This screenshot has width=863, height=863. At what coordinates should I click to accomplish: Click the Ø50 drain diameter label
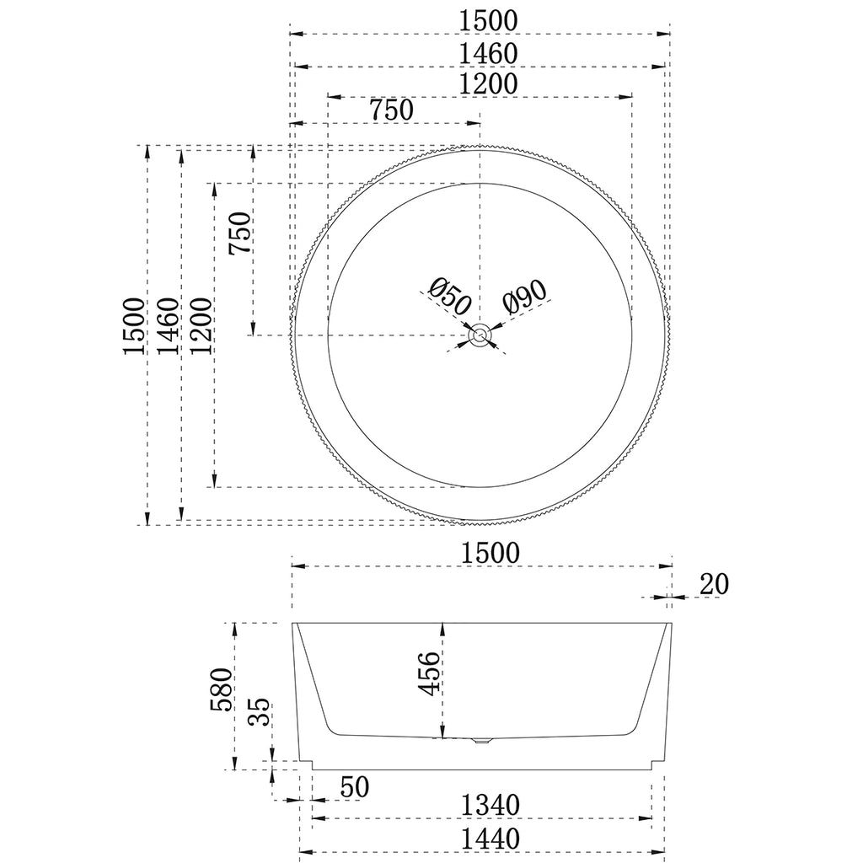(448, 297)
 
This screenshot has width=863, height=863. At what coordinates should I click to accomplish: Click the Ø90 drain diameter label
(524, 296)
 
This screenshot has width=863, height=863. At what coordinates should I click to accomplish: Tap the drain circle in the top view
(480, 335)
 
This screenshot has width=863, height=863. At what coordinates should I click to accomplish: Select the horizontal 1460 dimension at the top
(489, 52)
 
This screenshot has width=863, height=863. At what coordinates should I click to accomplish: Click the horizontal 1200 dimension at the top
(489, 83)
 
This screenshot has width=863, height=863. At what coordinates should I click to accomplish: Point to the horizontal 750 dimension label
(390, 110)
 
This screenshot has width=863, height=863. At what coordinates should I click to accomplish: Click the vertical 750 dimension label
(240, 233)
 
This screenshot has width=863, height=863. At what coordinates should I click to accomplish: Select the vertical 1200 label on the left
(201, 326)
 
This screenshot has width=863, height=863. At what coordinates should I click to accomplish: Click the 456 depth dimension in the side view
(430, 673)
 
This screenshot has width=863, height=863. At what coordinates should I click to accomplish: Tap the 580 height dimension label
(221, 690)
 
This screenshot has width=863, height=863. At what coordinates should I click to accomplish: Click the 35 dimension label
(260, 713)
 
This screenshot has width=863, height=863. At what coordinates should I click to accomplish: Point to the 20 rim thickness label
(713, 583)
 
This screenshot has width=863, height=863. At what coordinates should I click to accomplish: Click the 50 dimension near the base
(355, 787)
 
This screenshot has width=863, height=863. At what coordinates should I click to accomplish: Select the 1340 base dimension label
(490, 806)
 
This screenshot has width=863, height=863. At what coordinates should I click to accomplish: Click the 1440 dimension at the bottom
(490, 839)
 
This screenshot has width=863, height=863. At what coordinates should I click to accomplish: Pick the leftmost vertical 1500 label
(133, 326)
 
